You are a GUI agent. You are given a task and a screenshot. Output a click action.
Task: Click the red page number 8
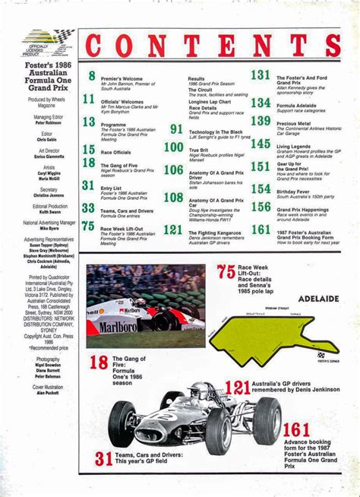coord(91,76)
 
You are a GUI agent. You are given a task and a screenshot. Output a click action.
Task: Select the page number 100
coord(173,147)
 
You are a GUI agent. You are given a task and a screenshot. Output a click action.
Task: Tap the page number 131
coord(261,75)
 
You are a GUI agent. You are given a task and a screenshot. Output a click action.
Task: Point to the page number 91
coord(176,129)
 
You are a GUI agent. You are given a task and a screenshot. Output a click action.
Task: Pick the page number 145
coord(261,144)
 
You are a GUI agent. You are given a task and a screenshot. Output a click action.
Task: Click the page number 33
coord(88,208)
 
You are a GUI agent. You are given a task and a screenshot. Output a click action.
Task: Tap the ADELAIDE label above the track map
coord(318,299)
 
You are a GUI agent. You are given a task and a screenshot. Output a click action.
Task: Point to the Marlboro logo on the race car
coord(117,327)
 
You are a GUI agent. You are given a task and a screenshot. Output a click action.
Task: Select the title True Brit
coord(198,151)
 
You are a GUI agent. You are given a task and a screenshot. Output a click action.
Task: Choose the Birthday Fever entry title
coord(292,192)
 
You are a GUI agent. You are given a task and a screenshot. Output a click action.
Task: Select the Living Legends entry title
coord(293,146)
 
